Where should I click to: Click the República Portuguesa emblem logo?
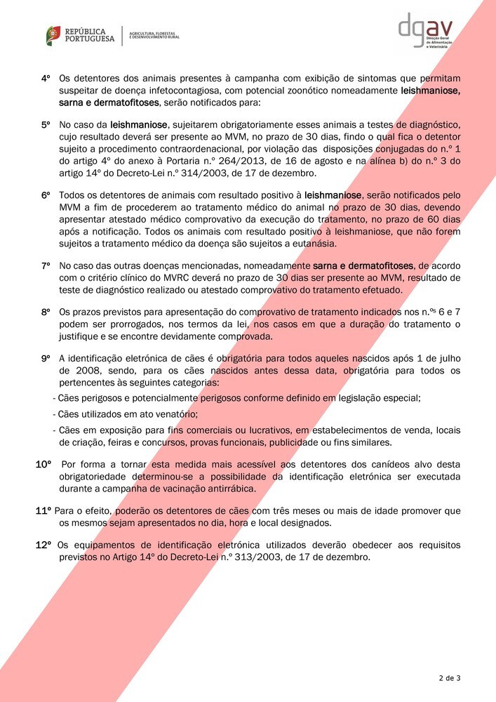click(53, 35)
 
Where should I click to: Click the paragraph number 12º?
click(44, 544)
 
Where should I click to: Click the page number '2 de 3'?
click(449, 678)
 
